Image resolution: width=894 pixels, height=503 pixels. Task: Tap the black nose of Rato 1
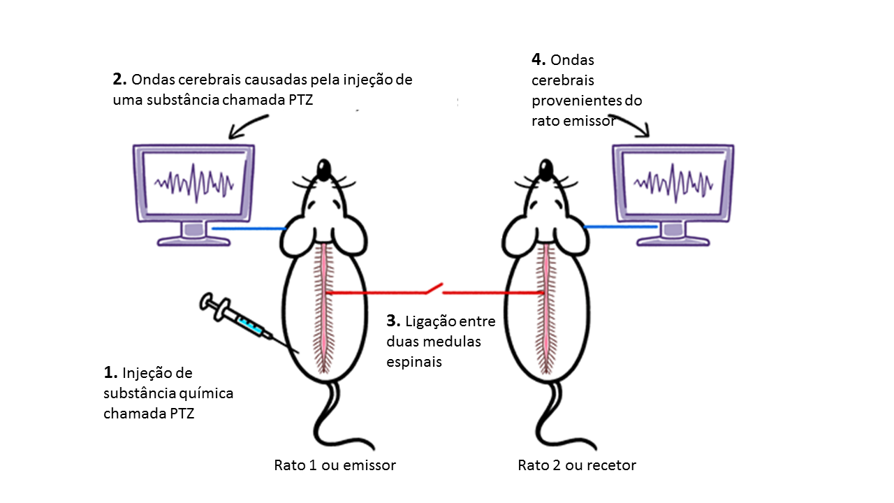324,168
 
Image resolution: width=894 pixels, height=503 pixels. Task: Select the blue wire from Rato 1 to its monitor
248,228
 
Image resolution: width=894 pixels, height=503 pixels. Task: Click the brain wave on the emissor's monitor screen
194,183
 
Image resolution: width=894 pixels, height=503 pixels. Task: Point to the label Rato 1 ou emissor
335,465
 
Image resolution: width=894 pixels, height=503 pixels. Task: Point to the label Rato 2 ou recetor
577,465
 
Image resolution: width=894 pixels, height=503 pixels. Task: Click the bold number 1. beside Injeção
110,372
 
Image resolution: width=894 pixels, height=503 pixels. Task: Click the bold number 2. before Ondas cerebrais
119,80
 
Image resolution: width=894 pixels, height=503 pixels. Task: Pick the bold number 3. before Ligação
393,321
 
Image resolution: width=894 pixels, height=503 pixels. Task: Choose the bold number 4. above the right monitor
538,60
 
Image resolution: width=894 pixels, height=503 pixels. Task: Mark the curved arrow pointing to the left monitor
248,124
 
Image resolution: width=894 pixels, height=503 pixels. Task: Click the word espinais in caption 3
413,363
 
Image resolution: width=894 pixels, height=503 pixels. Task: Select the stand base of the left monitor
193,239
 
